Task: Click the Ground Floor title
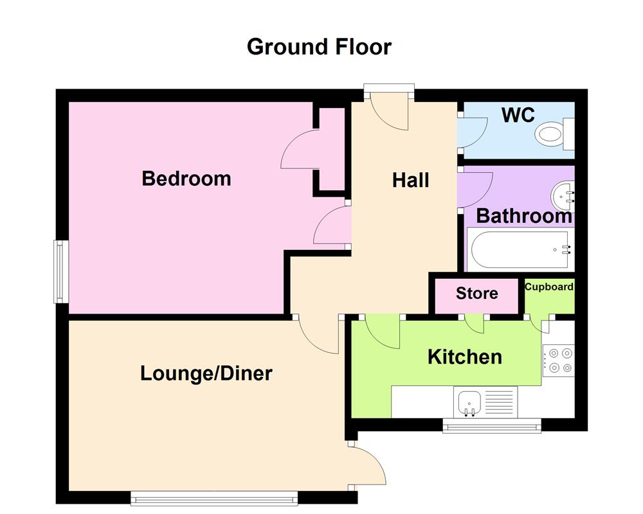[x=319, y=47]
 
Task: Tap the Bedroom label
[x=186, y=178]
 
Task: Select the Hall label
[x=410, y=181]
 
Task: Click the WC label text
[x=518, y=115]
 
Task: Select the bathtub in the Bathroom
[x=521, y=251]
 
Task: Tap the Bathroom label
[x=523, y=216]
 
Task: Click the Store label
[x=476, y=294]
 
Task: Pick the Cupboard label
[x=549, y=287]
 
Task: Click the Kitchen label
[x=464, y=357]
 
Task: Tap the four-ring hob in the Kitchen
[x=558, y=360]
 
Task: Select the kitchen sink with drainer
[x=485, y=402]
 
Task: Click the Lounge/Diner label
[x=206, y=373]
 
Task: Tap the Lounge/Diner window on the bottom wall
[x=214, y=497]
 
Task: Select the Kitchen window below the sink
[x=491, y=425]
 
